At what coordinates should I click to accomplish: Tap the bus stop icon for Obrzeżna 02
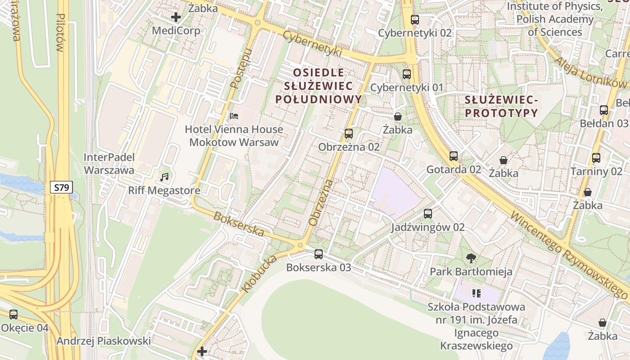point(348,134)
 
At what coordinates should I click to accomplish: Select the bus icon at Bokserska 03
point(319,254)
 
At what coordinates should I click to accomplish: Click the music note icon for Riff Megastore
point(164,177)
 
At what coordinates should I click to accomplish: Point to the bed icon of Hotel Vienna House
point(234,116)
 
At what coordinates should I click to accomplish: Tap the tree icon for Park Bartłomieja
point(471,258)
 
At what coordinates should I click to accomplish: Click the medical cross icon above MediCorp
point(176,18)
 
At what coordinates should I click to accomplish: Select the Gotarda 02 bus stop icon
point(454,156)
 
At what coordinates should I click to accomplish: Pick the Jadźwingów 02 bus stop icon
point(427,214)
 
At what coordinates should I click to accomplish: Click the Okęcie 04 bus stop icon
point(13,315)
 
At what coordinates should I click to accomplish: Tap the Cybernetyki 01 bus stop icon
point(407,74)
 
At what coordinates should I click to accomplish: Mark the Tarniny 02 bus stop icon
point(596,158)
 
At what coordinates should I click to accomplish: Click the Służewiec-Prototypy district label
point(501,106)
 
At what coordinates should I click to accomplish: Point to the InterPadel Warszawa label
point(109,164)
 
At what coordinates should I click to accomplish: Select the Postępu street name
point(240,68)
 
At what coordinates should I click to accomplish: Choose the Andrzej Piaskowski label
point(103,341)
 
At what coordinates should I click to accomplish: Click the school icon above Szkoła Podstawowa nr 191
point(477,294)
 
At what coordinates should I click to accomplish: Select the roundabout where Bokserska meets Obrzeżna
point(300,245)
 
